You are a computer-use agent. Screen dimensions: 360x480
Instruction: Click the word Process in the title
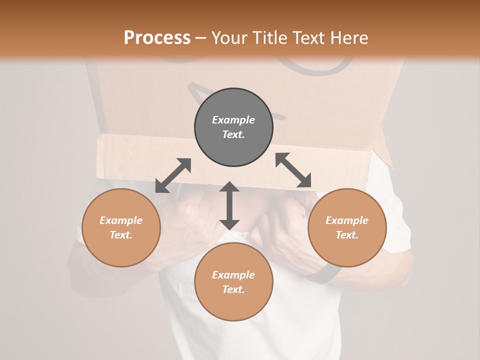click(x=157, y=38)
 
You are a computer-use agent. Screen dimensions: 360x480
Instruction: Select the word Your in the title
click(x=230, y=38)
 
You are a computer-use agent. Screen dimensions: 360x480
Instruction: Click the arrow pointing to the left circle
click(x=173, y=175)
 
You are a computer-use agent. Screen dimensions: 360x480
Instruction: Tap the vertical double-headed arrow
click(x=229, y=205)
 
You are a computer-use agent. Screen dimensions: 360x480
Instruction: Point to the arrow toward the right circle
click(x=293, y=170)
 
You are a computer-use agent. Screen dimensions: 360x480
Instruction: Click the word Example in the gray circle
click(x=233, y=120)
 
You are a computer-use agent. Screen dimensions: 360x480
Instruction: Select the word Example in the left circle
click(x=121, y=220)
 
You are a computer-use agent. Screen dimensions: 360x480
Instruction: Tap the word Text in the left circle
click(x=121, y=235)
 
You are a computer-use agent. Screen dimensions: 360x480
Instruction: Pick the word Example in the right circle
click(x=347, y=220)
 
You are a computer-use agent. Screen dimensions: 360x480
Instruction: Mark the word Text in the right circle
click(x=347, y=235)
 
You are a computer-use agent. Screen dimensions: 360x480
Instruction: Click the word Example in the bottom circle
click(x=233, y=275)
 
